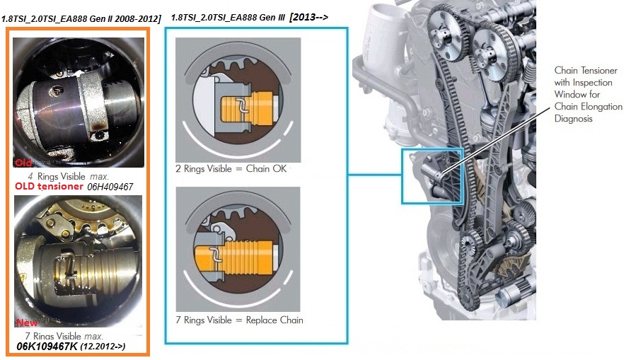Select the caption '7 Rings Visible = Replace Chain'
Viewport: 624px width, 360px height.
tap(239, 320)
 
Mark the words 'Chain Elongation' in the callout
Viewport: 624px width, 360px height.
tap(587, 107)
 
